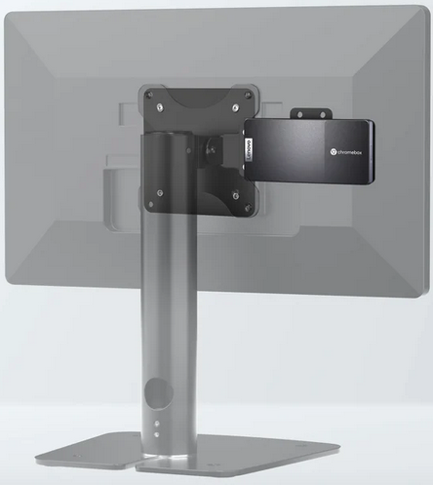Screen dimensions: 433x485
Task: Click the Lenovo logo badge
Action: pos(250,149)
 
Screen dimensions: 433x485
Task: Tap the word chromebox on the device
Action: pos(349,152)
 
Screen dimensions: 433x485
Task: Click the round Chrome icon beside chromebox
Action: pos(333,152)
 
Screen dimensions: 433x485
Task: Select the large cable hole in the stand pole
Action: pos(159,393)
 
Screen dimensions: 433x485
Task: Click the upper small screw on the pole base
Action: pos(157,424)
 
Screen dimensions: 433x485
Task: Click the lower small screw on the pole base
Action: pos(157,434)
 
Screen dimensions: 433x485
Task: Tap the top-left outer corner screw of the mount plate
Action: pos(150,95)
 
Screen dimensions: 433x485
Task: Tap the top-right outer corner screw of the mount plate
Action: pos(249,95)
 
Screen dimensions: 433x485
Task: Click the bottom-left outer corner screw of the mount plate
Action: pos(150,205)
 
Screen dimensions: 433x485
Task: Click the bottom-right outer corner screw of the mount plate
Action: pos(248,207)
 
